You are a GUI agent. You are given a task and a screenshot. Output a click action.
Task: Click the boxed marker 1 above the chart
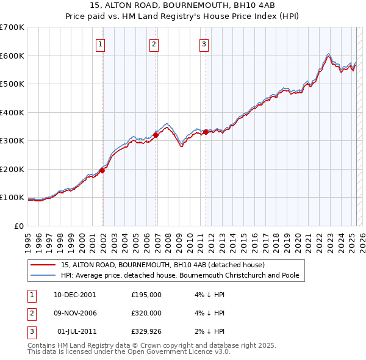pyautogui.click(x=100, y=43)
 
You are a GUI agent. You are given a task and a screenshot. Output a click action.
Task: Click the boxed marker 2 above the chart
pyautogui.click(x=154, y=43)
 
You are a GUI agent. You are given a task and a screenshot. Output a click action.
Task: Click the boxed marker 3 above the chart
pyautogui.click(x=204, y=43)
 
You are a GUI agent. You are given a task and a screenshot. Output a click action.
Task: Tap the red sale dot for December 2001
pyautogui.click(x=102, y=170)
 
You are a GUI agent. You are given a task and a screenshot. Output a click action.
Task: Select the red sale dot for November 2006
pyautogui.click(x=156, y=135)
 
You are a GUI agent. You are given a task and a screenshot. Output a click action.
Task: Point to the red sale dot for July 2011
pyautogui.click(x=206, y=132)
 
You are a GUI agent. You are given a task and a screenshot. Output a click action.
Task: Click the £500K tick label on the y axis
pyautogui.click(x=12, y=84)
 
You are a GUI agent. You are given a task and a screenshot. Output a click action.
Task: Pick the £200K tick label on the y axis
pyautogui.click(x=12, y=169)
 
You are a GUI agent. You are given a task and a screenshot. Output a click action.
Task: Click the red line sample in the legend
pyautogui.click(x=42, y=265)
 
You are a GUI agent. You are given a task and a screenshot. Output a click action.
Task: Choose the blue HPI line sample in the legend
pyautogui.click(x=42, y=275)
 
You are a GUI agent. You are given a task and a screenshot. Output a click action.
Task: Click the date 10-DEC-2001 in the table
pyautogui.click(x=75, y=295)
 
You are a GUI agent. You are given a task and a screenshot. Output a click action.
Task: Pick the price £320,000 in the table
pyautogui.click(x=146, y=313)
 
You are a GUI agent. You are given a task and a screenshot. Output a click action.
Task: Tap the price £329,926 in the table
pyautogui.click(x=146, y=331)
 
